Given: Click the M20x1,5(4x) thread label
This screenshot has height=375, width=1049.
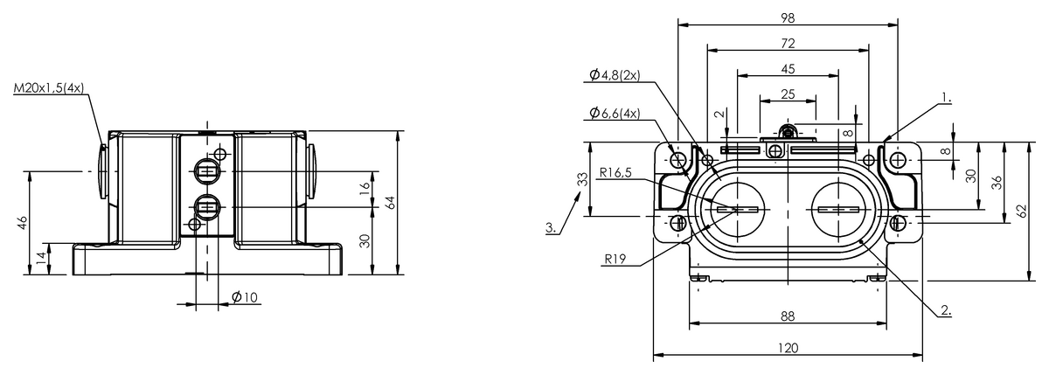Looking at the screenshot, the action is (49, 88).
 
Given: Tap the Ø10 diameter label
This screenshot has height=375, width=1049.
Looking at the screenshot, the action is (245, 297).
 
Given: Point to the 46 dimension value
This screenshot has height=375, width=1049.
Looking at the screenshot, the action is (23, 223).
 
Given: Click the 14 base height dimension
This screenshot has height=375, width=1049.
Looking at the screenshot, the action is (41, 257).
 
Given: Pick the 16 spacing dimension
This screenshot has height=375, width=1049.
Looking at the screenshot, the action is (365, 189).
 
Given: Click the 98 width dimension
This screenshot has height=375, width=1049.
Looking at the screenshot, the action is (788, 17).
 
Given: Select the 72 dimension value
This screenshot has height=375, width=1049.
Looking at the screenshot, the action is (788, 44).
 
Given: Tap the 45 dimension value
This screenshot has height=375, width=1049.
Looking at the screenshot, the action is (788, 69).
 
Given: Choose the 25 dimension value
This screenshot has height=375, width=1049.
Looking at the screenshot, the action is (788, 94).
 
